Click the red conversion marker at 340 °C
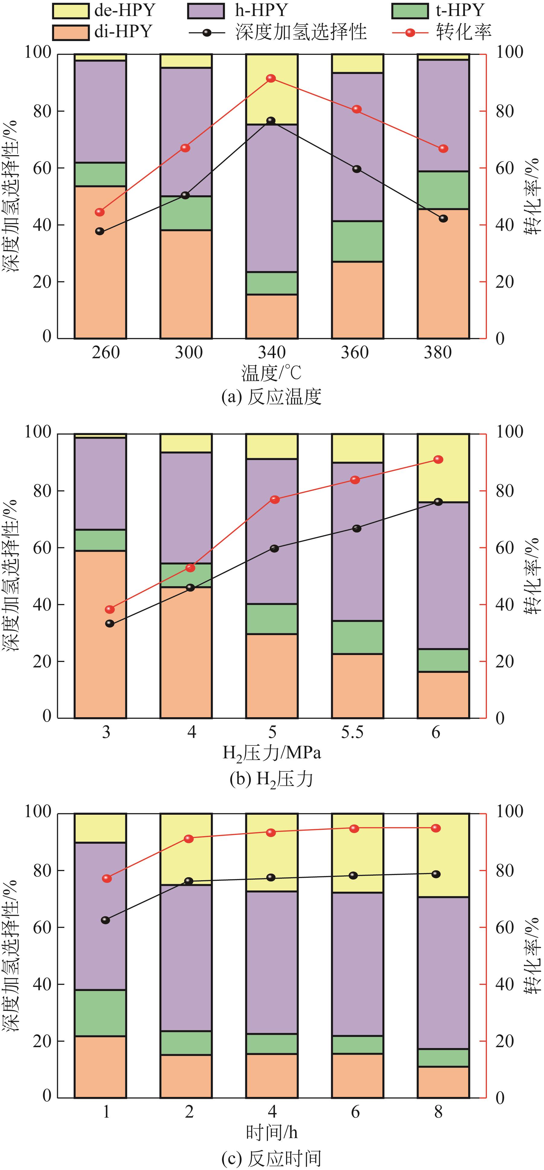click(x=271, y=78)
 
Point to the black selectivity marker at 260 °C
click(x=100, y=231)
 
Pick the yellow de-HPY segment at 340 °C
click(x=272, y=89)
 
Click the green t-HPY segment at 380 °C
click(x=443, y=190)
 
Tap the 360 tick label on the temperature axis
click(x=355, y=353)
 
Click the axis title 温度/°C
click(x=271, y=373)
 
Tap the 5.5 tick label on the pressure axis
click(x=353, y=732)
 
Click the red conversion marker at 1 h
click(x=107, y=878)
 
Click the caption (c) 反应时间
click(x=271, y=1156)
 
